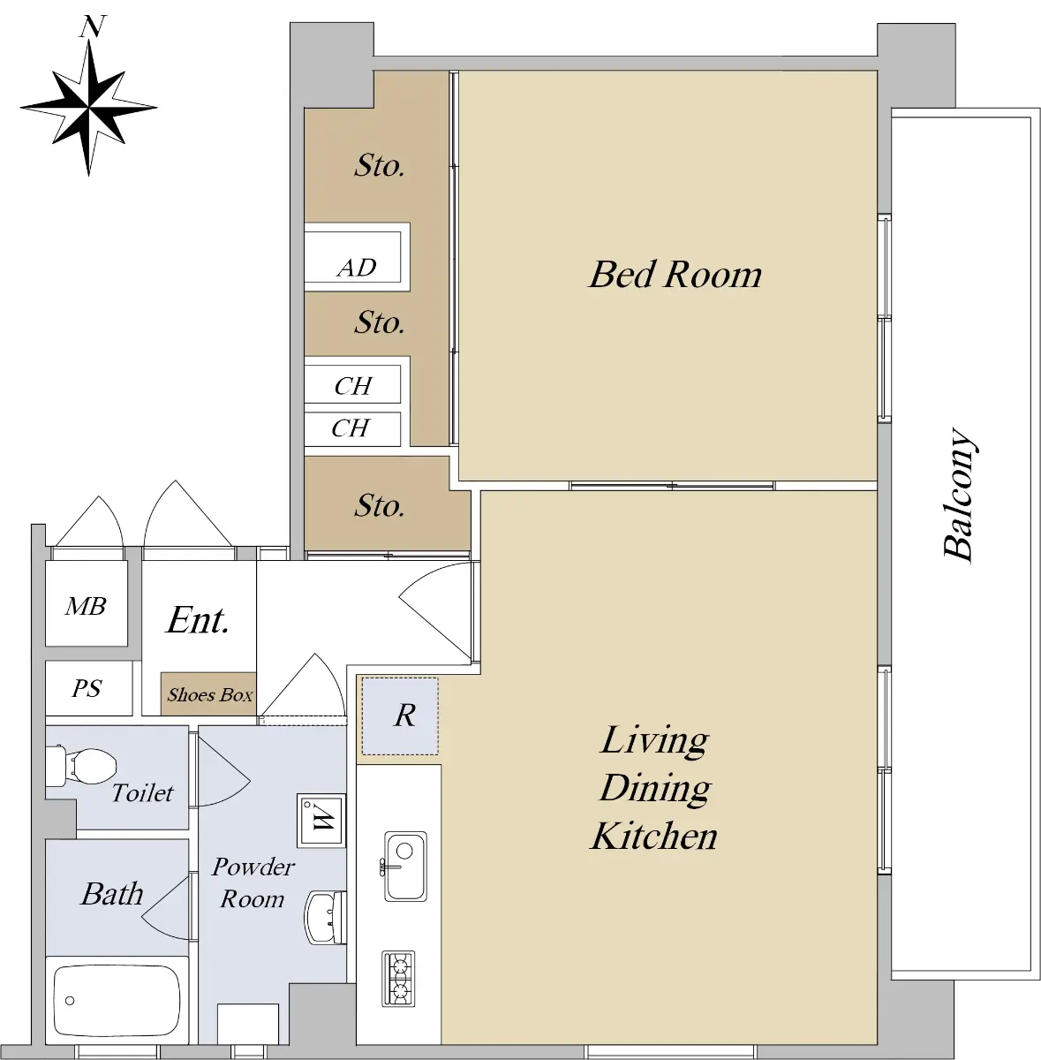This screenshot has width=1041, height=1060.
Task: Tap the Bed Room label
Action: click(675, 274)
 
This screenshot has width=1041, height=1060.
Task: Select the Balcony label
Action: click(959, 495)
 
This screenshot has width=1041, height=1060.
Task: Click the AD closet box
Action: click(357, 257)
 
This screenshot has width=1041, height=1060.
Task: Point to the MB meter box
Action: click(87, 603)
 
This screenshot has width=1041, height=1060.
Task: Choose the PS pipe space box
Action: click(88, 687)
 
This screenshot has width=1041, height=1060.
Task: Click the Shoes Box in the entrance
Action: click(208, 693)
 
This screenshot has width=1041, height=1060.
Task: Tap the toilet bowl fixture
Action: click(81, 765)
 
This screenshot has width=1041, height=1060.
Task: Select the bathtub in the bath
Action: click(117, 1001)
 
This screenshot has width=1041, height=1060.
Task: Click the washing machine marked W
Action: click(321, 820)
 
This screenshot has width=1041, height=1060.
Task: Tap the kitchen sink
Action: click(405, 867)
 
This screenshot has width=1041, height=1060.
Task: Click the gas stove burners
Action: click(399, 979)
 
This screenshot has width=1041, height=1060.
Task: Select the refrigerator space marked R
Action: click(400, 715)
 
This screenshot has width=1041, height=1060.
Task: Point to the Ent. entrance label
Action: click(198, 620)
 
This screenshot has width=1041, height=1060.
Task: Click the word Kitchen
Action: click(654, 837)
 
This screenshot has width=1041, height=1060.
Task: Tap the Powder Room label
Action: click(253, 883)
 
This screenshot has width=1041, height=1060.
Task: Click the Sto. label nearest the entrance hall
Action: click(380, 505)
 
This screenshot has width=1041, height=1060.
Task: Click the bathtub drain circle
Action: click(70, 1001)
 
